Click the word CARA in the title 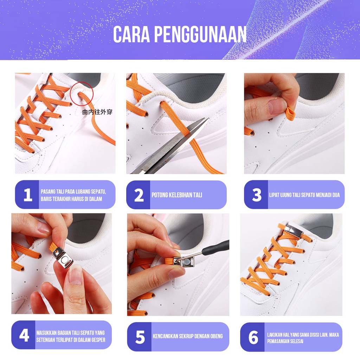click(x=131, y=34)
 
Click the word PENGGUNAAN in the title click(x=200, y=34)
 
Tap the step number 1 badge click(x=27, y=195)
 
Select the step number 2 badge click(x=139, y=195)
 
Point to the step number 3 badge click(x=256, y=195)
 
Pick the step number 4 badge click(x=24, y=335)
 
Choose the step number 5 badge click(x=140, y=337)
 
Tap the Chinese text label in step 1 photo click(x=97, y=112)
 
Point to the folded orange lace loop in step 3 click(x=290, y=114)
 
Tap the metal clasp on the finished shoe click(x=293, y=230)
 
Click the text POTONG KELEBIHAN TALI click(x=177, y=195)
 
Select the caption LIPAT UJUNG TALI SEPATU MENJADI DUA click(x=304, y=195)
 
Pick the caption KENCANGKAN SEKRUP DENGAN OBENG click(x=188, y=336)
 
